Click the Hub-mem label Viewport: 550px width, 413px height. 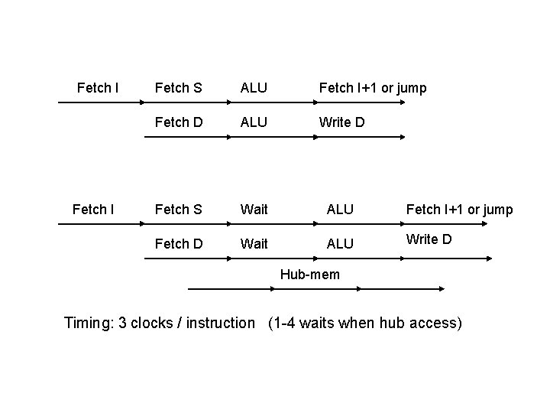(310, 275)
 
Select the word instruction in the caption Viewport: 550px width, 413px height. (219, 323)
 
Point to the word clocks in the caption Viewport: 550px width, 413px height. (152, 323)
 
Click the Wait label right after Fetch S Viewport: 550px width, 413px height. (254, 209)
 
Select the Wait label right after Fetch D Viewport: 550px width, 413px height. (254, 243)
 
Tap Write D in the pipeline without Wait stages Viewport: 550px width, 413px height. (341, 122)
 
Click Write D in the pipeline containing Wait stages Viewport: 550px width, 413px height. (429, 239)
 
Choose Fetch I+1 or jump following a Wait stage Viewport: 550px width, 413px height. (459, 209)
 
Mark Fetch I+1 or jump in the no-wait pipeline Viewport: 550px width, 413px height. (372, 88)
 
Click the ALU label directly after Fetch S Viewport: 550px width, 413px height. (254, 88)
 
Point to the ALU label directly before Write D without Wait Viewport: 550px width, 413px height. (254, 122)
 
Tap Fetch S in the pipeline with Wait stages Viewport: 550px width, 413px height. (178, 209)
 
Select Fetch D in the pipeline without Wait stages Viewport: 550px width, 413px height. (178, 122)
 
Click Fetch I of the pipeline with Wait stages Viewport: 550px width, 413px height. (92, 208)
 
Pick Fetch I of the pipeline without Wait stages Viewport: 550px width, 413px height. (98, 87)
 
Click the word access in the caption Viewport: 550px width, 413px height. (435, 323)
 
